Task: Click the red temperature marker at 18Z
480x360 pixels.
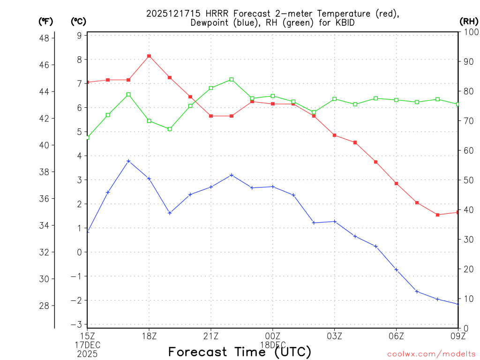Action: (x=149, y=56)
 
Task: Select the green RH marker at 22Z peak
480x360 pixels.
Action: (x=232, y=80)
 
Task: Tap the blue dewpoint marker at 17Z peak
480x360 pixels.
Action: (x=128, y=161)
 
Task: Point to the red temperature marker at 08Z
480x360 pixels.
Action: (x=437, y=215)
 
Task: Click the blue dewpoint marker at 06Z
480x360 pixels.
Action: (x=396, y=270)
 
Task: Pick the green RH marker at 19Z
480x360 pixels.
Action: (x=170, y=129)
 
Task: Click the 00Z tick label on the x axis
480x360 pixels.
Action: (x=272, y=336)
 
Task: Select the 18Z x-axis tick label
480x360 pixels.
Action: (x=149, y=336)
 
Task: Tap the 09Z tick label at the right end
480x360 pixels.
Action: (x=457, y=336)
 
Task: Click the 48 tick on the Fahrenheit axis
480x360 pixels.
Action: (x=46, y=38)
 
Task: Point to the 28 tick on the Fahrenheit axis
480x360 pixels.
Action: (x=46, y=306)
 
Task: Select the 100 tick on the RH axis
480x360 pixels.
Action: (x=470, y=32)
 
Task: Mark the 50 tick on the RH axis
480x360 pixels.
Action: (x=468, y=180)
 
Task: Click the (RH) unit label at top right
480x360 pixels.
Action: (x=469, y=21)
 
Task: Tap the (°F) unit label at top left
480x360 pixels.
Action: (x=46, y=21)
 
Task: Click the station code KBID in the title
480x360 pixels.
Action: (x=345, y=22)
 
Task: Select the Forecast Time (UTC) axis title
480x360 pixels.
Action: (x=240, y=352)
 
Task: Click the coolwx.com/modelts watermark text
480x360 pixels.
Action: (x=431, y=354)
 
